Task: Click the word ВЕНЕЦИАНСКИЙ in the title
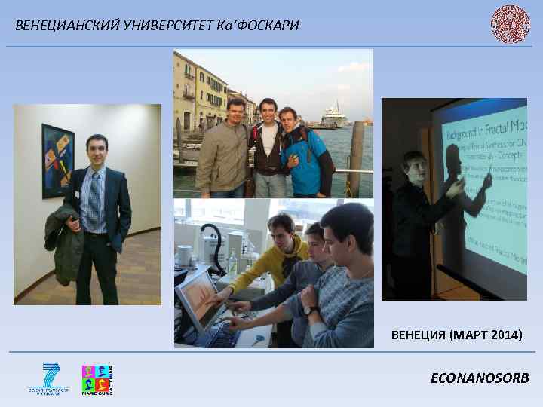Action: (x=57, y=26)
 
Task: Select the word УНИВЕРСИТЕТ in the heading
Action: (x=146, y=26)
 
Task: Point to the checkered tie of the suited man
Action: (x=94, y=200)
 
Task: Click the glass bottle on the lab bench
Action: (x=233, y=261)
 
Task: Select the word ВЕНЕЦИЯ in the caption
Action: (x=420, y=334)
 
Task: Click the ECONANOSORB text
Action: (x=479, y=378)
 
